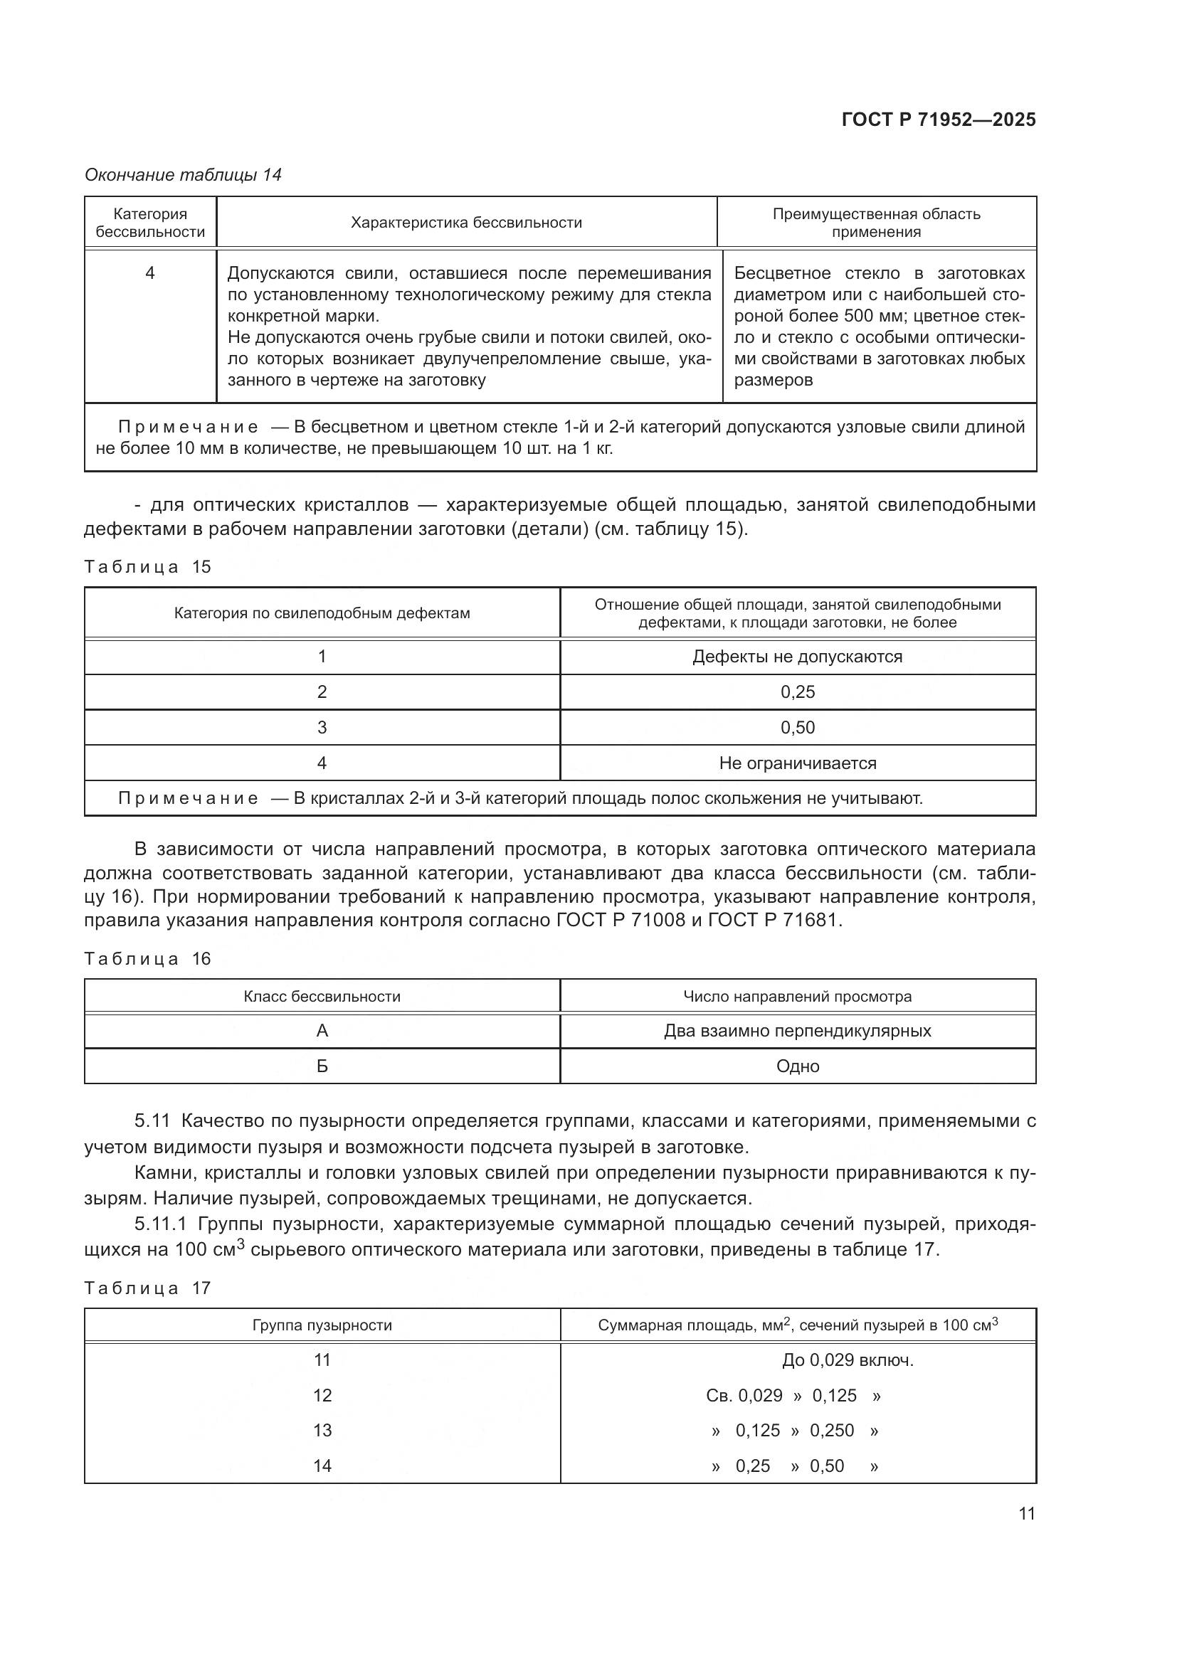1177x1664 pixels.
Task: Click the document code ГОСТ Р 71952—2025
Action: (939, 120)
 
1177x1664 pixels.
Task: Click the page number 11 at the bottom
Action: (1026, 1513)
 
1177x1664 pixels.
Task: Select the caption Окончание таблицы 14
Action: (183, 175)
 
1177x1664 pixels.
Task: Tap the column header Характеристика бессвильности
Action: (466, 223)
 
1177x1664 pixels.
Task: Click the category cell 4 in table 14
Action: (150, 273)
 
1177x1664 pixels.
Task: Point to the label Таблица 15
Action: (147, 567)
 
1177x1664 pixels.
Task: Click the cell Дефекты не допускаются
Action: (797, 657)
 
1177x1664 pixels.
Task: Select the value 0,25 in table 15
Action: (797, 692)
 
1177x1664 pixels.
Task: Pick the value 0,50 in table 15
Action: (797, 728)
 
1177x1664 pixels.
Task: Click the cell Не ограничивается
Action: (797, 763)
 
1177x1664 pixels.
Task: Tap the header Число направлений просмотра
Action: (797, 997)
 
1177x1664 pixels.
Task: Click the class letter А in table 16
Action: (322, 1031)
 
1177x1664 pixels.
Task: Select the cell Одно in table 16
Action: (797, 1066)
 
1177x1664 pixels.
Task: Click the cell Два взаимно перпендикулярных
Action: (797, 1031)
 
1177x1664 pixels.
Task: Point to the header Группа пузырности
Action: (322, 1325)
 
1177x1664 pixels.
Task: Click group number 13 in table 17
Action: (322, 1431)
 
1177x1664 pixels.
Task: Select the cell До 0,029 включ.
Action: (848, 1360)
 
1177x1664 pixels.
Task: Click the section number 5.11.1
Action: (160, 1224)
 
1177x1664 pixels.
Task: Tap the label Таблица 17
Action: (147, 1288)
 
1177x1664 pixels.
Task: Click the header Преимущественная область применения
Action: (875, 223)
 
